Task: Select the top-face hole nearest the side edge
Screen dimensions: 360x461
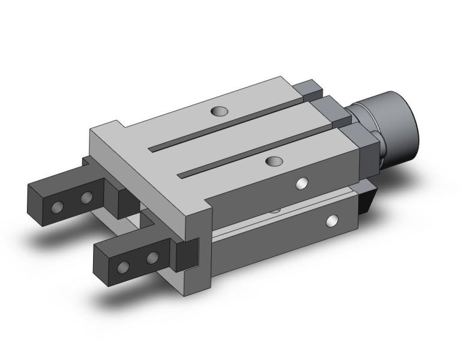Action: click(x=274, y=161)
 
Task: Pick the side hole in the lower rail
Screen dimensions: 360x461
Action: click(x=331, y=222)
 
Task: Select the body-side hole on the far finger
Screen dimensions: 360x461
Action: click(x=86, y=197)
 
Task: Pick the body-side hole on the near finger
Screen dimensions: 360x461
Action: click(x=153, y=258)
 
